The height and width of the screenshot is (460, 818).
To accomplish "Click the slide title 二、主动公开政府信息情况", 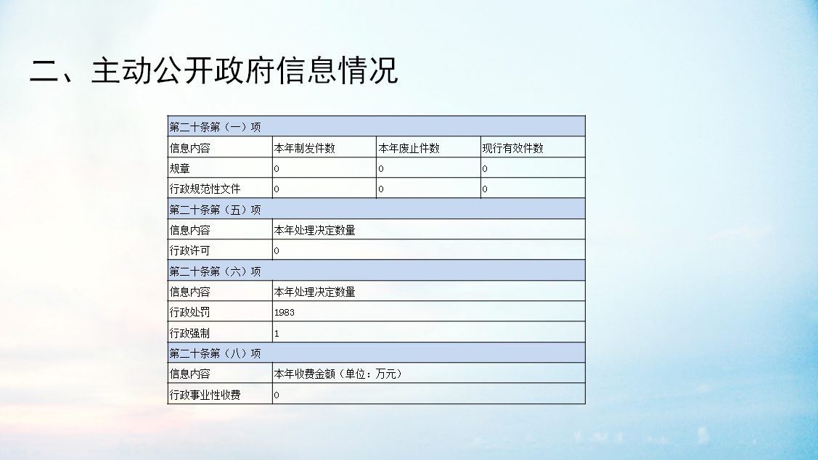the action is tap(214, 70).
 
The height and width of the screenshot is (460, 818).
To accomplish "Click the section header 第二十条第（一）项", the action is tap(215, 127).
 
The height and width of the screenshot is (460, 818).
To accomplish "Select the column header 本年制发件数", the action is tap(305, 148).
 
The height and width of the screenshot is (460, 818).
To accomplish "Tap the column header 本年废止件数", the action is tap(409, 148).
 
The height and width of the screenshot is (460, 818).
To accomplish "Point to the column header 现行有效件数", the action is tap(513, 148).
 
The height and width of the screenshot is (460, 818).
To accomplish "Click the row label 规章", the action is tap(180, 168).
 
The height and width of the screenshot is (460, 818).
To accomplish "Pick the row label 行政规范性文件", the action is tap(205, 189).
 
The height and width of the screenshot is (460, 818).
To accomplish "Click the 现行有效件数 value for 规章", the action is tap(485, 169).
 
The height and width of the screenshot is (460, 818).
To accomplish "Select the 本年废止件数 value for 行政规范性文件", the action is tap(381, 189).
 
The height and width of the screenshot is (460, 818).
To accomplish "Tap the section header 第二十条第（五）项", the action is tap(215, 210).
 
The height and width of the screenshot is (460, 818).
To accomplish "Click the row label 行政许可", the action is tap(190, 250).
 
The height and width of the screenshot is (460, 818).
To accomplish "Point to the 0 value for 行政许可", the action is tap(277, 251).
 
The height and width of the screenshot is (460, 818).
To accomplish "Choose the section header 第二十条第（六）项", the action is tap(215, 271).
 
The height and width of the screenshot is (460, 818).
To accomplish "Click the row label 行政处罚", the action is tap(190, 312).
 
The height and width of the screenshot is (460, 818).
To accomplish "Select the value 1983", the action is tap(285, 313).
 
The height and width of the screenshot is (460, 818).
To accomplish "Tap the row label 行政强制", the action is tap(190, 333).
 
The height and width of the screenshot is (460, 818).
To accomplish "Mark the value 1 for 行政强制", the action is tap(277, 333).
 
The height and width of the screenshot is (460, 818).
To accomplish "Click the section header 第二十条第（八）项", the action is tap(215, 353).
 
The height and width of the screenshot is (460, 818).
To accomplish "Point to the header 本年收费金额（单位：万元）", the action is tap(338, 374).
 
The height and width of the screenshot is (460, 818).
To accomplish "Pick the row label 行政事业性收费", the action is tap(205, 395).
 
